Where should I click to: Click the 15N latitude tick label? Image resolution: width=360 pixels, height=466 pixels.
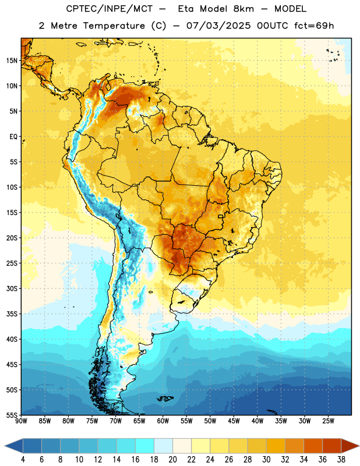[x=12, y=61]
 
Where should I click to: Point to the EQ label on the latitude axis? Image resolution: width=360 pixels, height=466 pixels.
[x=13, y=137]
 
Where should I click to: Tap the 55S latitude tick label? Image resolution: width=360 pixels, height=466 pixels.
[x=12, y=415]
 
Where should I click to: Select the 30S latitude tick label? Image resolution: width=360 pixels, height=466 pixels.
[x=12, y=288]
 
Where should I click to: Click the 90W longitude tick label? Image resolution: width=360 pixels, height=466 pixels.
[x=21, y=421]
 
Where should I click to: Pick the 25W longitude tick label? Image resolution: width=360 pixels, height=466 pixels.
[x=328, y=421]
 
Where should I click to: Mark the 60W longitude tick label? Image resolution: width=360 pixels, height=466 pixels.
[x=163, y=421]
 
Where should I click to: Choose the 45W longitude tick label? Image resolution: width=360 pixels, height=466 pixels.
[x=234, y=421]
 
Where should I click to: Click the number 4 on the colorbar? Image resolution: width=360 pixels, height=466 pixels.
[x=23, y=460]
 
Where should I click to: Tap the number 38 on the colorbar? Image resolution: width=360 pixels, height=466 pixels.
[x=341, y=460]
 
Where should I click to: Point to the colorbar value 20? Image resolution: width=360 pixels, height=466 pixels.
[x=172, y=460]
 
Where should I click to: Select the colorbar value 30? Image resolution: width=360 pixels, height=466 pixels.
[x=266, y=460]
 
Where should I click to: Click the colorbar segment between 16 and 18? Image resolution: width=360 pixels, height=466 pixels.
[x=145, y=446]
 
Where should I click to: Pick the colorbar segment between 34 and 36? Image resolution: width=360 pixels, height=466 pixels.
[x=313, y=446]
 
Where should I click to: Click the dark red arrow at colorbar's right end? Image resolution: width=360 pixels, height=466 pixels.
[x=350, y=446]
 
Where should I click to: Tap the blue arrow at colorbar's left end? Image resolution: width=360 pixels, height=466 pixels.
[x=13, y=446]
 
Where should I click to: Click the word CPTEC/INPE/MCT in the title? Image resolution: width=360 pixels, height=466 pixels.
[x=109, y=9]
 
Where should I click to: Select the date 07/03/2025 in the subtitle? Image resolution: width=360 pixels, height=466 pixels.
[x=218, y=26]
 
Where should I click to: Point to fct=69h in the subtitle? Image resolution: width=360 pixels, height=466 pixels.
[x=314, y=26]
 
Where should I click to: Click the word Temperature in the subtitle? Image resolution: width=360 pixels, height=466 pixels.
[x=114, y=26]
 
